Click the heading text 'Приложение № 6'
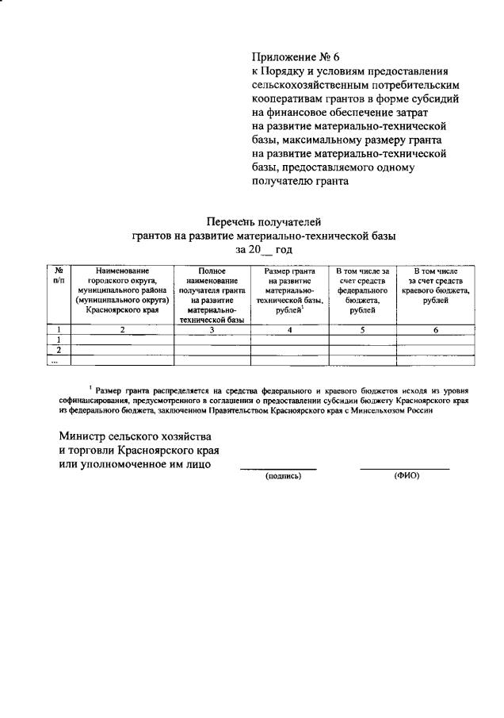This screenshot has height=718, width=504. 294,56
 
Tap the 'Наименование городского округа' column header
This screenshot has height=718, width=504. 122,290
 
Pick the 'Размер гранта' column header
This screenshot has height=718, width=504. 288,290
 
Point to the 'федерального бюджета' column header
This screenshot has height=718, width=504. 361,290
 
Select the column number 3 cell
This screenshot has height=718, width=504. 212,329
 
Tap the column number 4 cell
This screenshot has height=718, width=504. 288,329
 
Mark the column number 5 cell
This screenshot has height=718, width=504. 361,329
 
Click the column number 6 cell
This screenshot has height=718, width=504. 435,329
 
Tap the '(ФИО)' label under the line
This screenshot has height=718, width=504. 405,476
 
